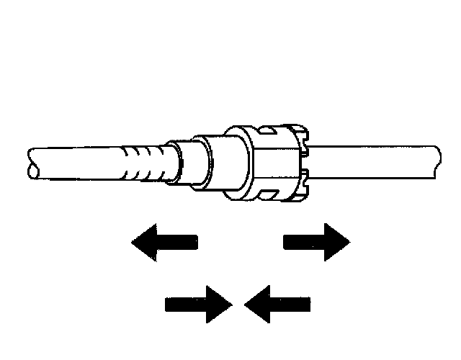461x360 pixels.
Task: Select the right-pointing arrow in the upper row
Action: point(318,242)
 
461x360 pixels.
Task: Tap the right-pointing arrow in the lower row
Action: point(198,304)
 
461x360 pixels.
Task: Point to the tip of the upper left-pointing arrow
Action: point(133,242)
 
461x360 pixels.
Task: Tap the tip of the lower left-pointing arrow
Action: point(246,304)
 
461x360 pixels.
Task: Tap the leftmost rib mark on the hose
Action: point(123,164)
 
